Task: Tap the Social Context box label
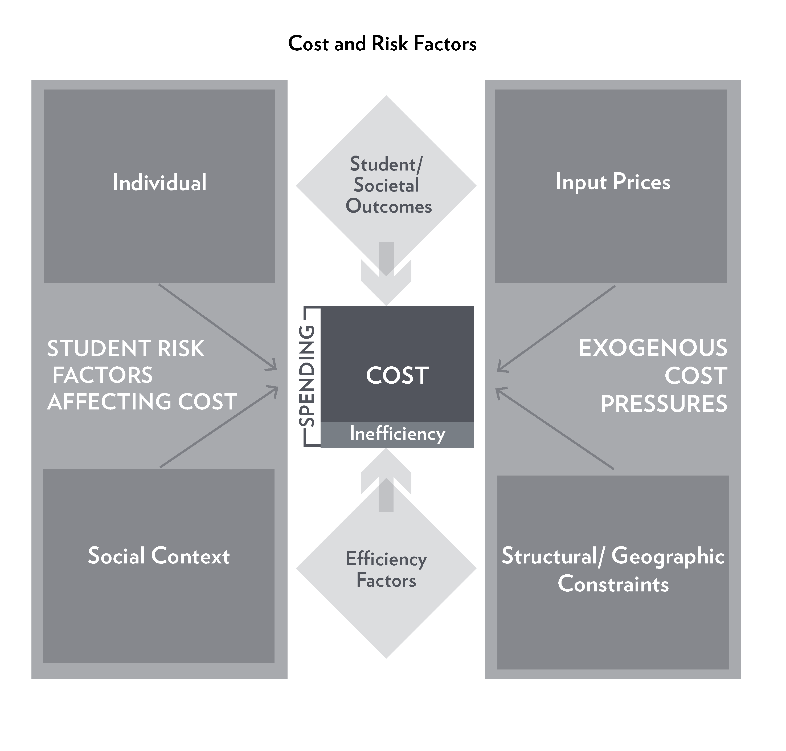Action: tap(159, 556)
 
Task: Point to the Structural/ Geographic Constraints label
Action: tap(613, 569)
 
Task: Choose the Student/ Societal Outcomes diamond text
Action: tap(386, 185)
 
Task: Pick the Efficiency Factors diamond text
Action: tap(386, 569)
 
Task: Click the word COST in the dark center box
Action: tap(397, 376)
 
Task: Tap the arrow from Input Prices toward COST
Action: tap(556, 328)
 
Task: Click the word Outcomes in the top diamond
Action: tap(389, 206)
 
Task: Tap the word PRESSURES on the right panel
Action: tap(664, 404)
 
